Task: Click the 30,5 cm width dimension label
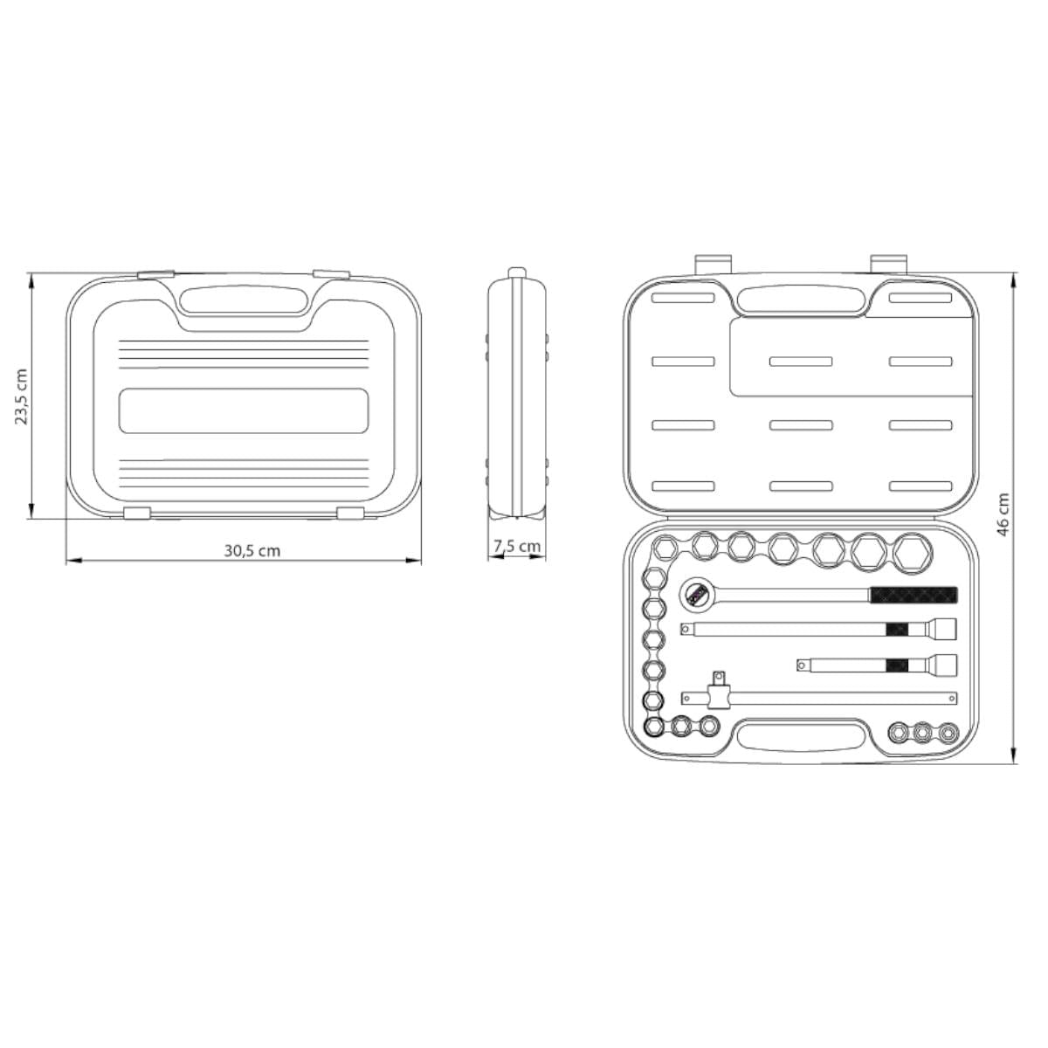click(x=252, y=551)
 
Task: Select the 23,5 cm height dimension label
click(x=22, y=396)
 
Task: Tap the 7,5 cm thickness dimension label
click(x=517, y=546)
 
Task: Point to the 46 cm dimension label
click(x=1003, y=514)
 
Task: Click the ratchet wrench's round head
click(x=696, y=595)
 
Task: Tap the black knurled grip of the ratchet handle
click(x=914, y=595)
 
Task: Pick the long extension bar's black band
click(x=897, y=629)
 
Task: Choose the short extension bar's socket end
click(x=943, y=665)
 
